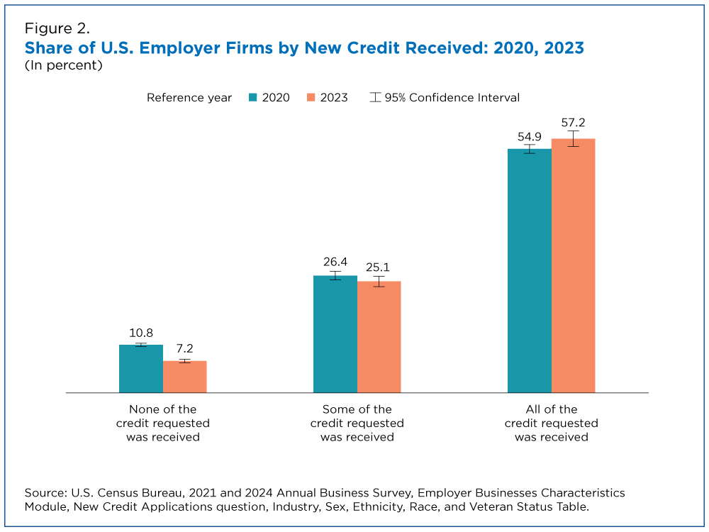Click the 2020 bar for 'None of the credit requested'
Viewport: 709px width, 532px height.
pyautogui.click(x=140, y=369)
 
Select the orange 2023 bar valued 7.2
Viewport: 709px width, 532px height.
pyautogui.click(x=184, y=377)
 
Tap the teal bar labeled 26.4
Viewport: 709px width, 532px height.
pyautogui.click(x=335, y=334)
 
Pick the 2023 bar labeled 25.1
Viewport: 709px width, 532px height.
pyautogui.click(x=379, y=337)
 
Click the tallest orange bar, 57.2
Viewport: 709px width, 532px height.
pyautogui.click(x=573, y=266)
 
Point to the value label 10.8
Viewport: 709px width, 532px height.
pyautogui.click(x=140, y=333)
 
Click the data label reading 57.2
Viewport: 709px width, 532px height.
pyautogui.click(x=573, y=122)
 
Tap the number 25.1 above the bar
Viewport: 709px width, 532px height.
pyautogui.click(x=379, y=267)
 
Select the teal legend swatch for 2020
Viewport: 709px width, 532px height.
pyautogui.click(x=253, y=98)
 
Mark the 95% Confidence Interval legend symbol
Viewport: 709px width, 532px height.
pyautogui.click(x=375, y=98)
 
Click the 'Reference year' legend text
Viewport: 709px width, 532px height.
pyautogui.click(x=189, y=98)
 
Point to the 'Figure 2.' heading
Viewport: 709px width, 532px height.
pyautogui.click(x=57, y=29)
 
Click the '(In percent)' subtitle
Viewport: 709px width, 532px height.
pyautogui.click(x=64, y=65)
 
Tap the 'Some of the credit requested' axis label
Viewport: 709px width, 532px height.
pyautogui.click(x=357, y=423)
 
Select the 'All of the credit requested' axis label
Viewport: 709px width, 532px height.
pyautogui.click(x=551, y=423)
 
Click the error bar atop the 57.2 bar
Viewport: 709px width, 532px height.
pyautogui.click(x=573, y=138)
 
